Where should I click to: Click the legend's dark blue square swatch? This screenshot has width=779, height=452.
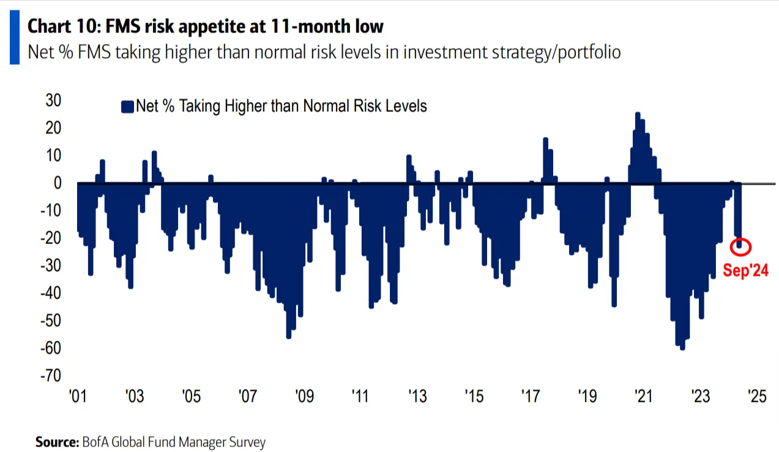127,107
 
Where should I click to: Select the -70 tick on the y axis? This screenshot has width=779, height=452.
51,375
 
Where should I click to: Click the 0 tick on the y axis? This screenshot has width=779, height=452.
57,182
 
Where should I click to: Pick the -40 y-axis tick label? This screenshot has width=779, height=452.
51,292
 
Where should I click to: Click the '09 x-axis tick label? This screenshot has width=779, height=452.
304,397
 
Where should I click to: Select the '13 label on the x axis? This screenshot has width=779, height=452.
417,397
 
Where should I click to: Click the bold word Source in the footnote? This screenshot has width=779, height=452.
55,442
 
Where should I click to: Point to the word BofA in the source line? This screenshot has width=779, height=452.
94,442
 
